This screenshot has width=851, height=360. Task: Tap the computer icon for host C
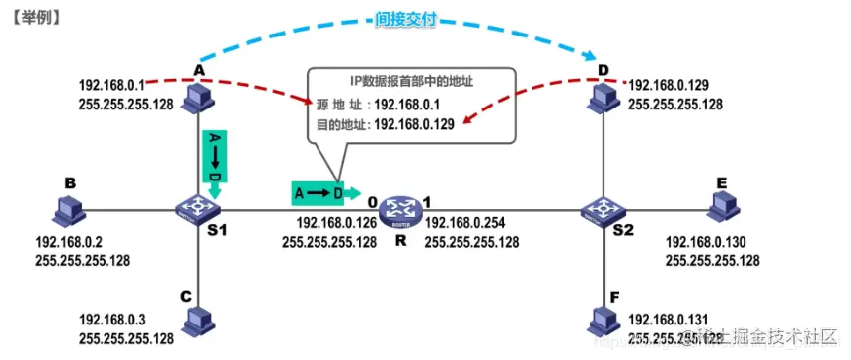point(198,319)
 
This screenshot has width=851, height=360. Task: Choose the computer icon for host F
point(601,319)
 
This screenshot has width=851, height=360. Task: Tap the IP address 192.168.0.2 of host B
point(69,244)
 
